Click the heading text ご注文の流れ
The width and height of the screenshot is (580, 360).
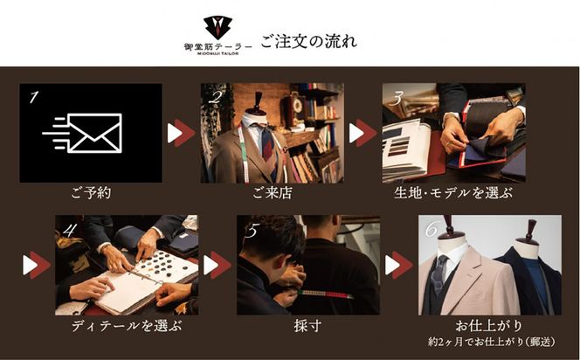(x=308, y=41)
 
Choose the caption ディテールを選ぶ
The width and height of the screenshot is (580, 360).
(x=127, y=327)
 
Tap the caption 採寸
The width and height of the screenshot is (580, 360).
(x=307, y=327)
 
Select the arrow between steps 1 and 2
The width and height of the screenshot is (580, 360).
(x=181, y=133)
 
